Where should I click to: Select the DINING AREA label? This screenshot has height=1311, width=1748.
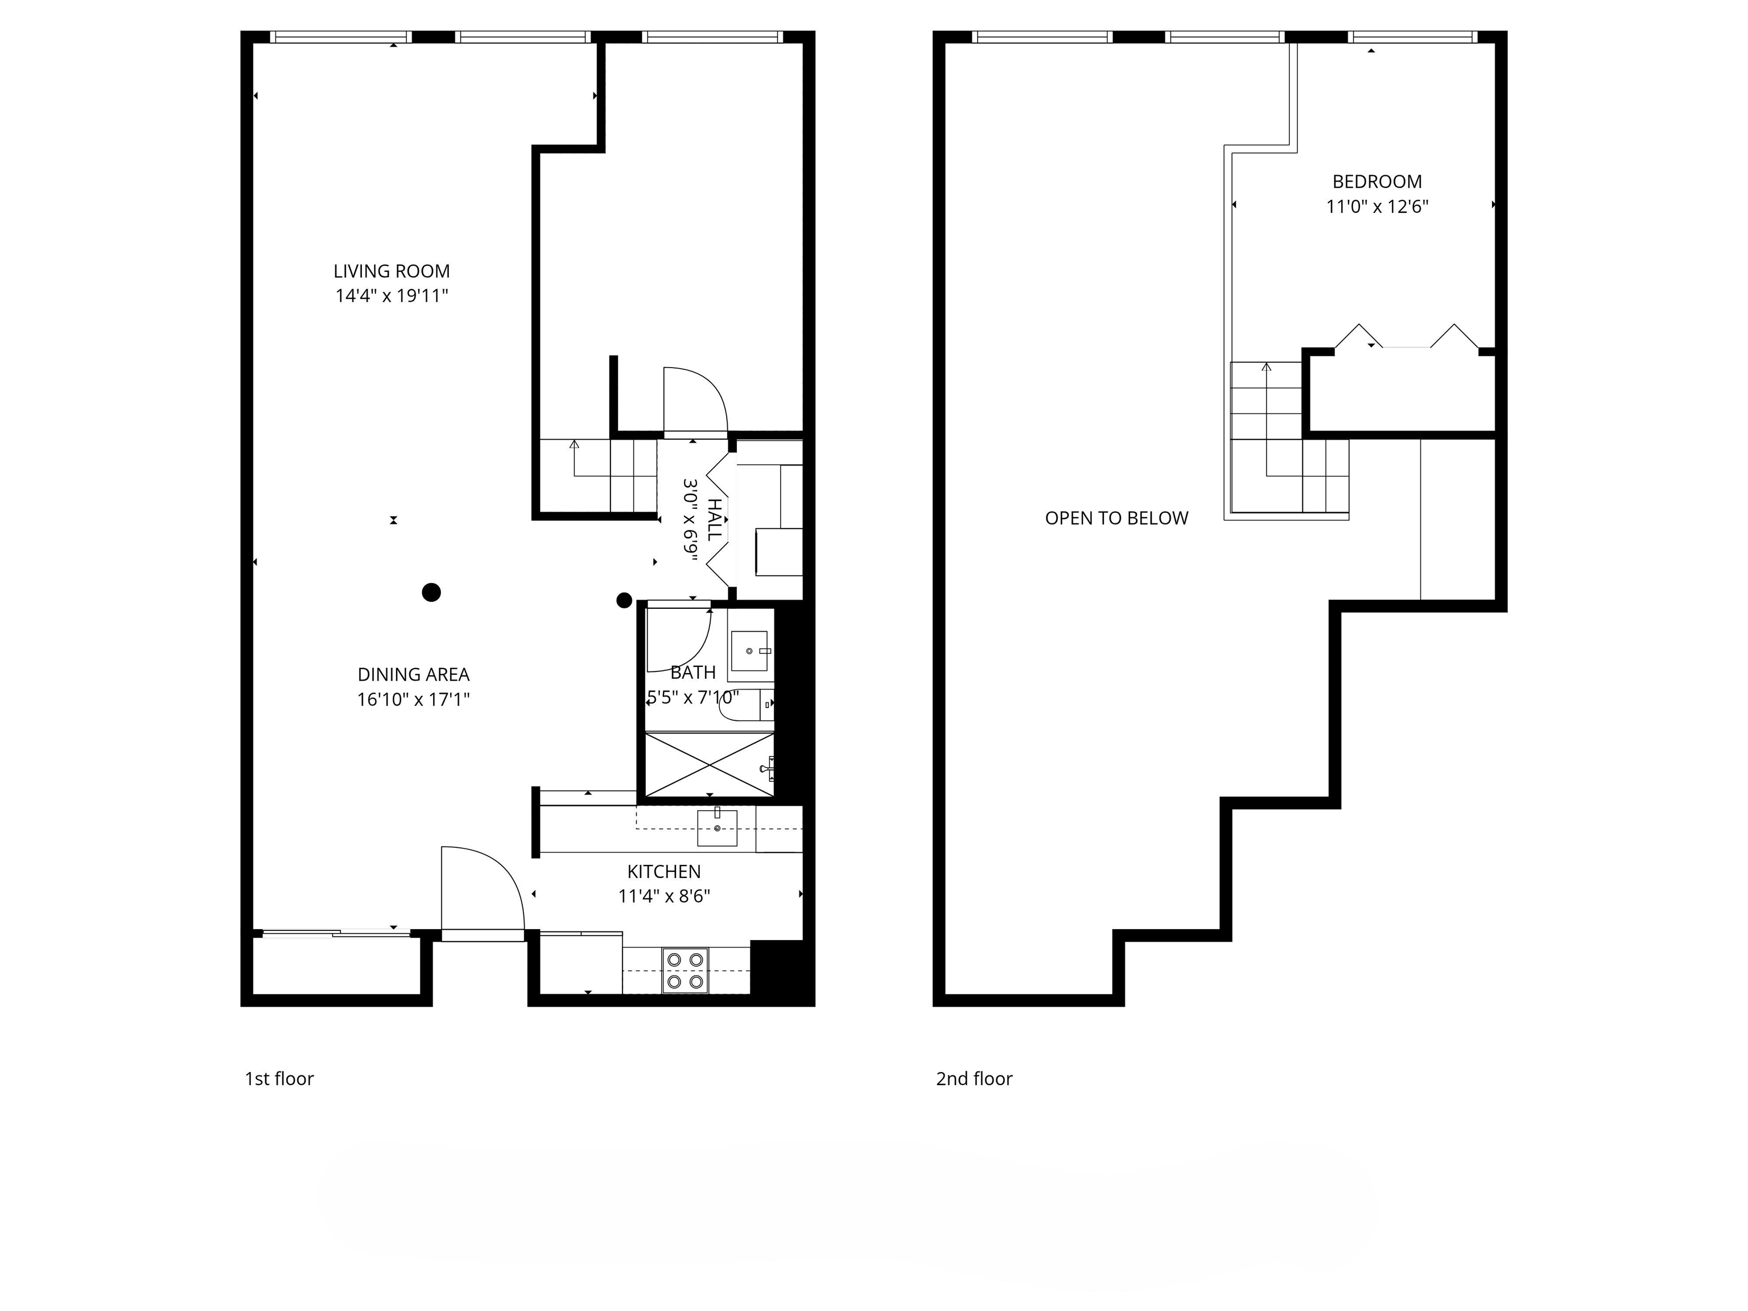pyautogui.click(x=413, y=674)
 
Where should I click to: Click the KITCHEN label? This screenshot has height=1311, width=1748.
pyautogui.click(x=664, y=872)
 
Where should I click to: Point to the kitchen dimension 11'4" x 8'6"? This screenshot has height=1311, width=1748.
pyautogui.click(x=664, y=896)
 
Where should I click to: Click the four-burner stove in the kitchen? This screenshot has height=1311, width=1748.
pyautogui.click(x=685, y=970)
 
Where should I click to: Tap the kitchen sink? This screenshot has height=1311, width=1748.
pyautogui.click(x=717, y=828)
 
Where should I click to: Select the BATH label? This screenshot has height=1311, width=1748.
pyautogui.click(x=692, y=673)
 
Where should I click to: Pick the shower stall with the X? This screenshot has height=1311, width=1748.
pyautogui.click(x=710, y=764)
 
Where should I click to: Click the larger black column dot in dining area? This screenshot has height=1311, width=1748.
pyautogui.click(x=431, y=592)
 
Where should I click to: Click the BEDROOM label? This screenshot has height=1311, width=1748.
pyautogui.click(x=1376, y=182)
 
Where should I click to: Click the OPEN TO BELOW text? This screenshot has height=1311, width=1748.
pyautogui.click(x=1116, y=518)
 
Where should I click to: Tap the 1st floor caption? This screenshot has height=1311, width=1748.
pyautogui.click(x=279, y=1079)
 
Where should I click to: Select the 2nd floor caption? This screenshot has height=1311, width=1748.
pyautogui.click(x=974, y=1079)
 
